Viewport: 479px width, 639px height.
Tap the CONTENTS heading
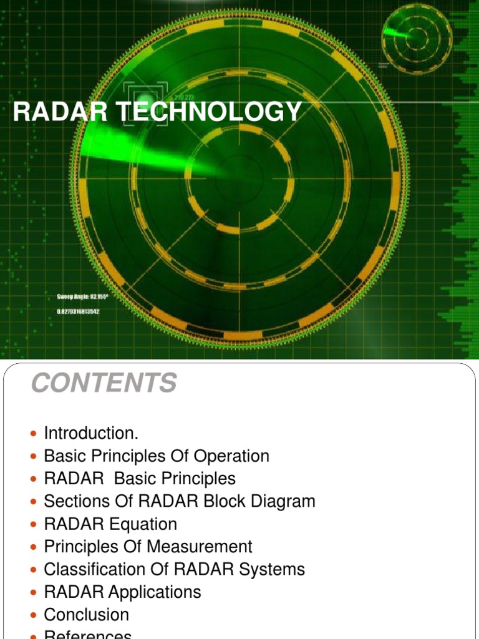click(x=104, y=383)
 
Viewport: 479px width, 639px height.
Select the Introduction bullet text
click(x=92, y=433)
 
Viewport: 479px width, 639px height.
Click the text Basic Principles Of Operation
click(x=157, y=456)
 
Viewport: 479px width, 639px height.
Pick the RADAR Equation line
click(x=110, y=524)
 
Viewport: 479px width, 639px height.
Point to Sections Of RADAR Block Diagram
click(x=180, y=501)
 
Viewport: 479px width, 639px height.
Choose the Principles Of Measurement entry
click(x=148, y=547)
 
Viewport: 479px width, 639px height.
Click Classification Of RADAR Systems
click(x=174, y=569)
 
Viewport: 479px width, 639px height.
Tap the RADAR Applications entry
click(x=122, y=592)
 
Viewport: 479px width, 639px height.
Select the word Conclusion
click(x=86, y=615)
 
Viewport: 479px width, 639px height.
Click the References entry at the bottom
click(x=88, y=635)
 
